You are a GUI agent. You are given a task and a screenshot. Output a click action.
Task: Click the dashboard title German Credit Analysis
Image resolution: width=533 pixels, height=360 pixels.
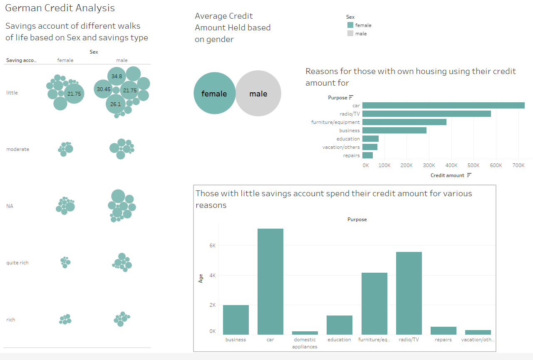[x=60, y=8]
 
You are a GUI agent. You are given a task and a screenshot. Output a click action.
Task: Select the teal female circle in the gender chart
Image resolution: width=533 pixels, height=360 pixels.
[x=214, y=94]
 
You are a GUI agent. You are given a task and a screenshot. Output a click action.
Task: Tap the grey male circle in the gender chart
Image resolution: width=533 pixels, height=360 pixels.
[x=259, y=94]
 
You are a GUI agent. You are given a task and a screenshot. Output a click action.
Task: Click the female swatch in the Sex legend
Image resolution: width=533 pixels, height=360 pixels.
[x=350, y=25]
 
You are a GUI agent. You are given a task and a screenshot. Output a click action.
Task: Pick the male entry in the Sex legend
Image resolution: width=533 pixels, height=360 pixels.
[x=361, y=34]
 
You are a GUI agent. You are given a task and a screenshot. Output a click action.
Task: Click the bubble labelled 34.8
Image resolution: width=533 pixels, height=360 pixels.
[x=117, y=76]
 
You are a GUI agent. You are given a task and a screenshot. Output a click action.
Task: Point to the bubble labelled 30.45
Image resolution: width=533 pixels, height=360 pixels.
[x=104, y=89]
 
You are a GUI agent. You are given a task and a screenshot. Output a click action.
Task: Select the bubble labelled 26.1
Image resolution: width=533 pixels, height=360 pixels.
[x=115, y=104]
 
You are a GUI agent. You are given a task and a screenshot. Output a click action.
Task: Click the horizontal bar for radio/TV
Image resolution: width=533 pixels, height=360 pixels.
[x=426, y=113]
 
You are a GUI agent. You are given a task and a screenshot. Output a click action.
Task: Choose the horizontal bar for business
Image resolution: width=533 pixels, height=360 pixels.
[x=394, y=130]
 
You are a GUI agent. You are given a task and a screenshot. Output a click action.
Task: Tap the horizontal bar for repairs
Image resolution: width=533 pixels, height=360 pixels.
[x=367, y=155]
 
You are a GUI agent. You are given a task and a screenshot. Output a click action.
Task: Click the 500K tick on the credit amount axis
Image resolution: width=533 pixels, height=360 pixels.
[x=474, y=165]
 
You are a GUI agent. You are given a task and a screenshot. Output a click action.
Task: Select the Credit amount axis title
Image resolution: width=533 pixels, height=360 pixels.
[x=447, y=175]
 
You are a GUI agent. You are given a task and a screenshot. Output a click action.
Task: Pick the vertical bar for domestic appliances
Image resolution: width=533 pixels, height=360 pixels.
[x=305, y=333]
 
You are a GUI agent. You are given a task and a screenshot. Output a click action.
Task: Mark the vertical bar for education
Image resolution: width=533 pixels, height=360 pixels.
[x=339, y=325]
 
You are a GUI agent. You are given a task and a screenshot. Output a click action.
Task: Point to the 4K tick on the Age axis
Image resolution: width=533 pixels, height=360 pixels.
[x=212, y=275]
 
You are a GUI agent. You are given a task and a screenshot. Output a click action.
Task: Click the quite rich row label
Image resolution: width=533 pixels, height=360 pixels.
[x=17, y=263]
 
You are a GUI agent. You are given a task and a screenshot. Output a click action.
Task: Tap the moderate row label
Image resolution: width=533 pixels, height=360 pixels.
[x=18, y=149]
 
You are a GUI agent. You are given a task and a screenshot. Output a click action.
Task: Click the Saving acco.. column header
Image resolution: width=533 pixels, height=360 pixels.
[x=21, y=60]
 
